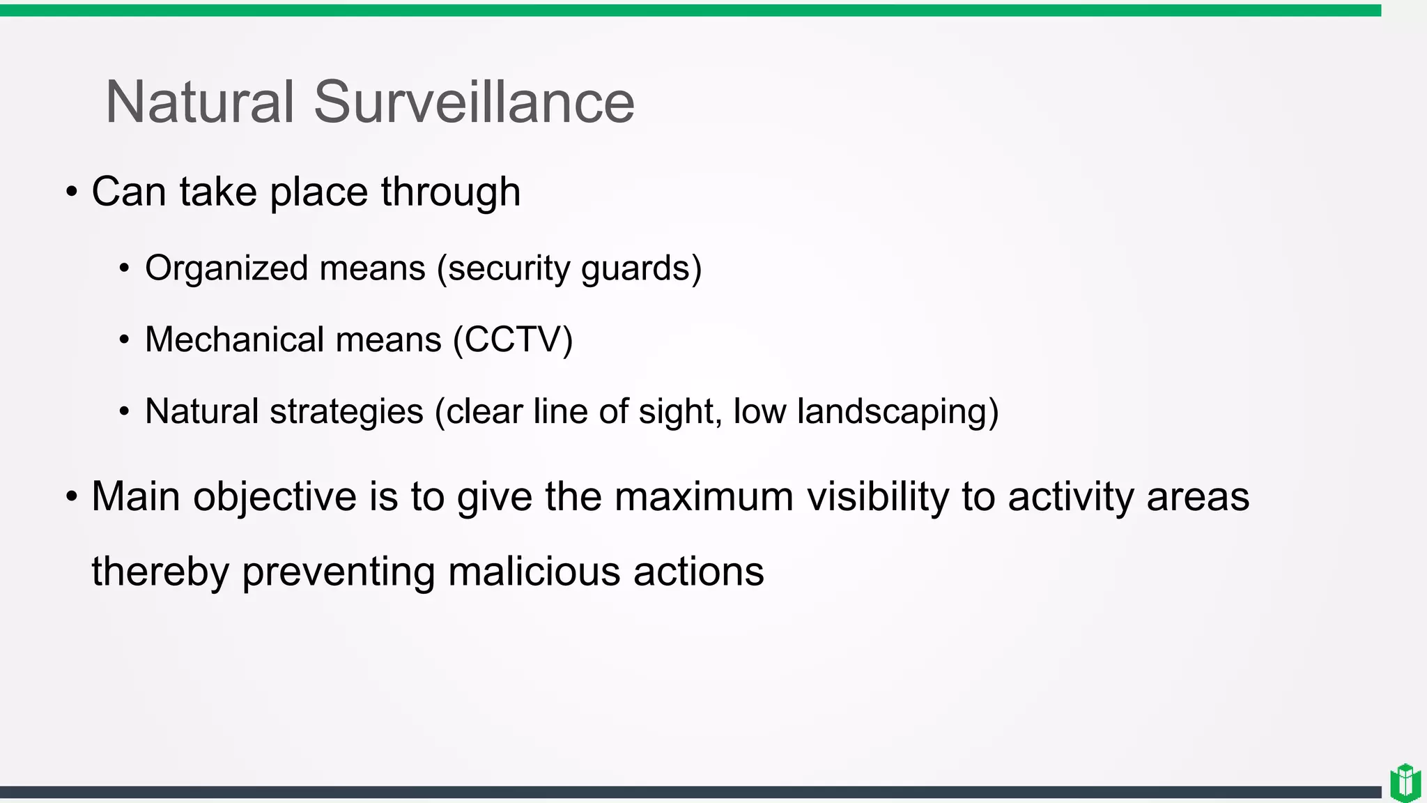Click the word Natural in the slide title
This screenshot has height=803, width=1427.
click(200, 102)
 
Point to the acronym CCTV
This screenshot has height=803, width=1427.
click(513, 340)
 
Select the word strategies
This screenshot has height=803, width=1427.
click(346, 412)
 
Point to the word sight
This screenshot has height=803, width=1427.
click(679, 412)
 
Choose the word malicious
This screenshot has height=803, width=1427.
click(534, 572)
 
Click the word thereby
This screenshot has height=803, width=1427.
click(160, 572)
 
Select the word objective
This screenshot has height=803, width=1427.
click(275, 498)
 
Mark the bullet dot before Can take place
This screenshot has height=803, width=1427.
click(72, 192)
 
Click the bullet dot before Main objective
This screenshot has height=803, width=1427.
click(72, 497)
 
